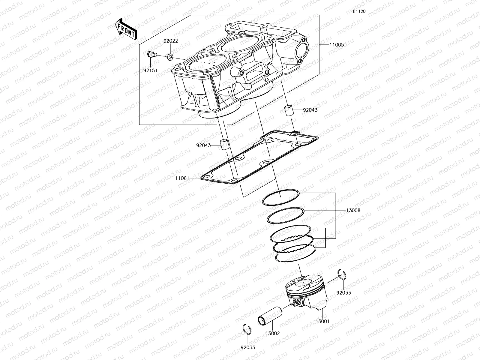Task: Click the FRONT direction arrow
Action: click(x=126, y=29)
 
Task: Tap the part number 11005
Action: click(x=337, y=45)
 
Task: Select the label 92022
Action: click(x=171, y=41)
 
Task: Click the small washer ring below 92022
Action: click(x=170, y=56)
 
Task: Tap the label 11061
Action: click(x=182, y=178)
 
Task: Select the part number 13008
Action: click(x=353, y=210)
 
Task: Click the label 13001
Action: click(x=322, y=321)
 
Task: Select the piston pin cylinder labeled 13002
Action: click(x=270, y=316)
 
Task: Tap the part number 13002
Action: click(x=272, y=333)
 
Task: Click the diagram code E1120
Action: click(x=359, y=11)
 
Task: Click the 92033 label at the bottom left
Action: click(x=248, y=348)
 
